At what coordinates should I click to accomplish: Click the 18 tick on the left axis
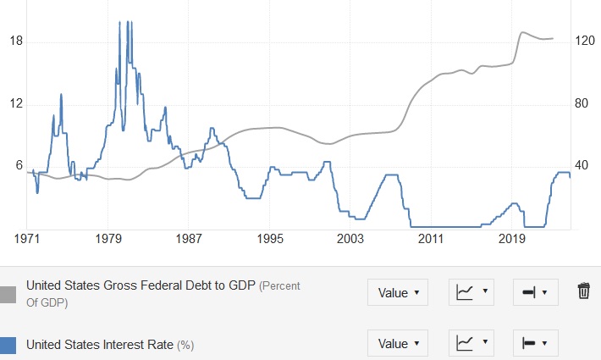pyautogui.click(x=15, y=42)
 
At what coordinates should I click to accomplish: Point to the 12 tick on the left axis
pyautogui.click(x=15, y=103)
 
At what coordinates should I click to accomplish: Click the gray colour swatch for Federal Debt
pyautogui.click(x=8, y=293)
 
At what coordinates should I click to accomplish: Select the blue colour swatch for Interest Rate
pyautogui.click(x=8, y=344)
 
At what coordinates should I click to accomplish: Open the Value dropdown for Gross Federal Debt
pyautogui.click(x=397, y=293)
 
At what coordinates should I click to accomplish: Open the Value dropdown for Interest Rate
pyautogui.click(x=397, y=343)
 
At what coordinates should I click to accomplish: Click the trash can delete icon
pyautogui.click(x=583, y=291)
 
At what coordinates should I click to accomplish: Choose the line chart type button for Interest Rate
pyautogui.click(x=471, y=343)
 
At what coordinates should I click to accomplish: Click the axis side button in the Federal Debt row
pyautogui.click(x=535, y=293)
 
